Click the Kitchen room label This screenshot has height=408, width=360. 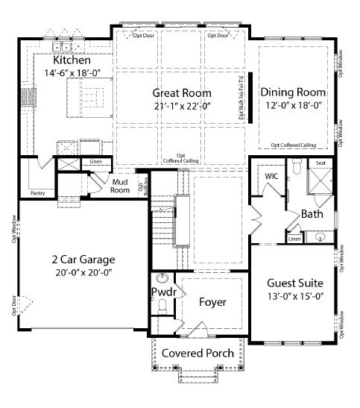coord(72,60)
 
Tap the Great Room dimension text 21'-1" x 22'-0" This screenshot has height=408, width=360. coord(182,107)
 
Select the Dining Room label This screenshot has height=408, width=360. coord(293,92)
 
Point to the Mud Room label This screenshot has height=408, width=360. coord(121,185)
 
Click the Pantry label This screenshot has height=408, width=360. coord(37,192)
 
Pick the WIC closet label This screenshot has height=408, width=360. coord(271,177)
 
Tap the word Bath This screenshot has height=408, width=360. coord(312,214)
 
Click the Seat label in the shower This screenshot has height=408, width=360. coord(320,163)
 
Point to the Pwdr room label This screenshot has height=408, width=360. coord(162,292)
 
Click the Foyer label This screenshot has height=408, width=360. coord(212,302)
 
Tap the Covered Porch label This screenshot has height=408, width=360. coord(198,353)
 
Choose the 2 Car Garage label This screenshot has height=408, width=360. coord(83,260)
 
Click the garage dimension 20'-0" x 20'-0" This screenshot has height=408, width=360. coord(83,273)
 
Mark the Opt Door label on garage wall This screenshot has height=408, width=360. coord(13,308)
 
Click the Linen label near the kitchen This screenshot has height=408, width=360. coord(95,161)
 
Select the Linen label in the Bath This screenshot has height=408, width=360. coord(294,239)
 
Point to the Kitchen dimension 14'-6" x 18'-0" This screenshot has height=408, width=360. coord(72,73)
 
